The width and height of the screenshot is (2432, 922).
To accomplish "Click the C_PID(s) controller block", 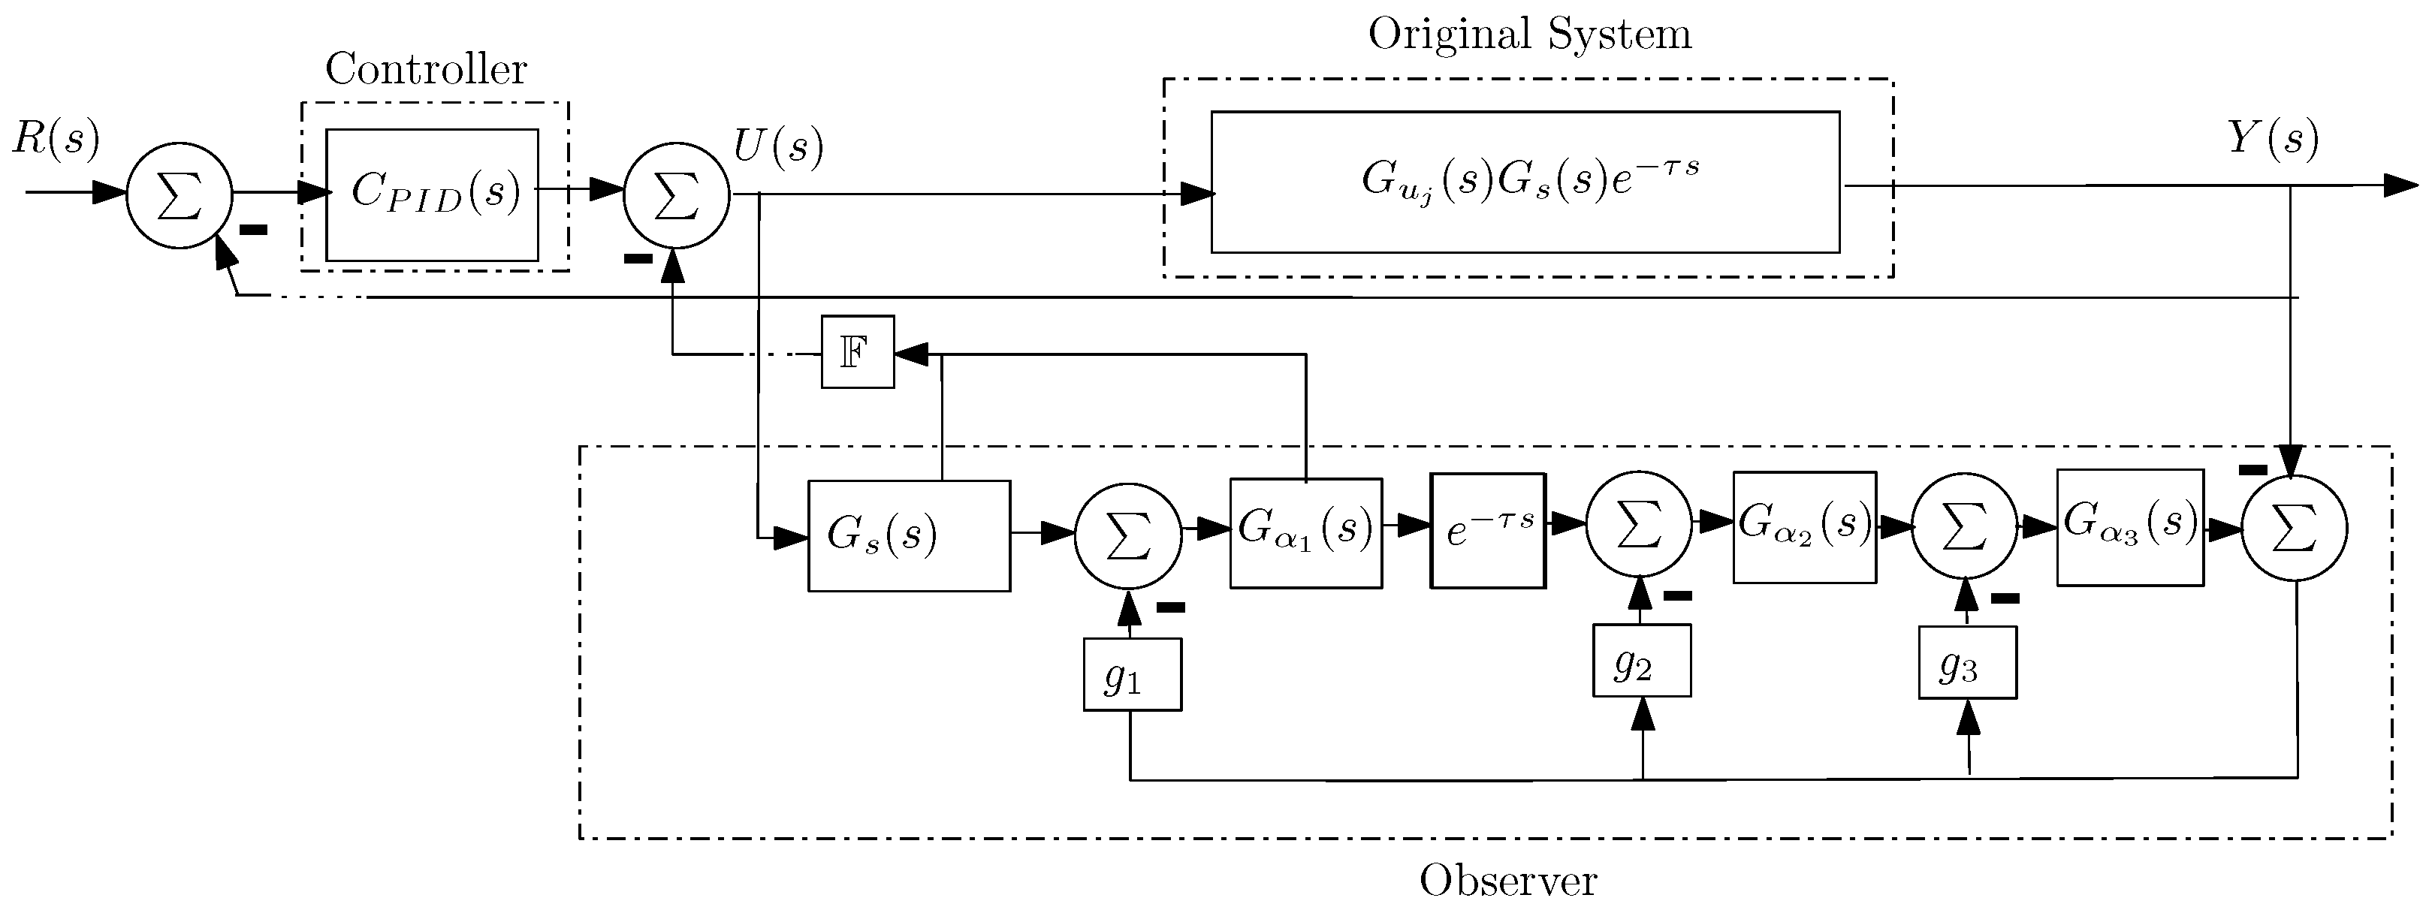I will point(433,194).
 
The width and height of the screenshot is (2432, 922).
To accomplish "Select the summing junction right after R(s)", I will point(180,196).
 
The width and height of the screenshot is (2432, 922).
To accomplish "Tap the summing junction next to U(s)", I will point(676,196).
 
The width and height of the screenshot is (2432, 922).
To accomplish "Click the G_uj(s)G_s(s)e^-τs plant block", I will point(1525,182).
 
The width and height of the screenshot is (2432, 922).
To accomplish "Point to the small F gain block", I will point(857,352).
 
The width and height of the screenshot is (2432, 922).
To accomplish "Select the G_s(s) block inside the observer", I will point(908,536).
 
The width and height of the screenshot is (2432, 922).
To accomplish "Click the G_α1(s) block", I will point(1305,533).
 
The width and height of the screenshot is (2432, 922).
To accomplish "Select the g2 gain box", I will point(1641,661).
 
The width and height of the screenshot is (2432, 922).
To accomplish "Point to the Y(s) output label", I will point(2274,140).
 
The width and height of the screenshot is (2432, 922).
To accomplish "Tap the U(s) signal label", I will point(778,146).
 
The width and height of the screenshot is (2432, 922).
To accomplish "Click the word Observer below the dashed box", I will point(1507,881).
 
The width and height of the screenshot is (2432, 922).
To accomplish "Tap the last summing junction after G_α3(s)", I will point(2294,529).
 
